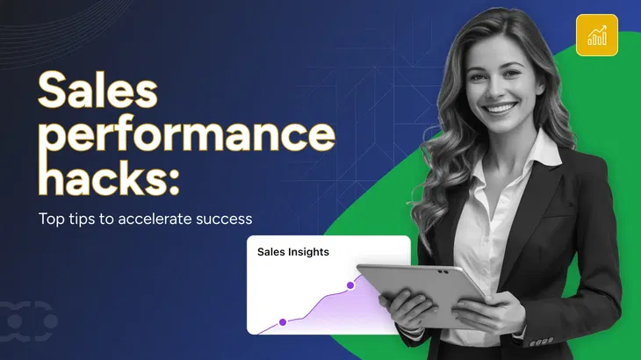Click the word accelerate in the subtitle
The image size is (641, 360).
click(x=160, y=219)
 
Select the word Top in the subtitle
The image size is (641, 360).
click(x=50, y=219)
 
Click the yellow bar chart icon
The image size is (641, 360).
click(x=596, y=35)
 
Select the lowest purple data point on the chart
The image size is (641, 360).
click(x=283, y=322)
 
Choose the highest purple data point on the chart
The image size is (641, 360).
click(x=349, y=284)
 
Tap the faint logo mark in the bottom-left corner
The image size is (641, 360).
click(x=30, y=320)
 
